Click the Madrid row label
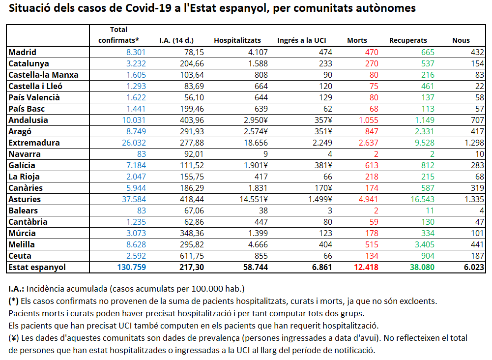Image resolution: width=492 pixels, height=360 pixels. [22, 52]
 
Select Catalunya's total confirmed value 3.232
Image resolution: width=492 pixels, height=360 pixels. [136, 63]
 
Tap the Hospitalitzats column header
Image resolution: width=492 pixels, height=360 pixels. [237, 40]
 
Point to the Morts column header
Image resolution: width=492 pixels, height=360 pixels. [357, 40]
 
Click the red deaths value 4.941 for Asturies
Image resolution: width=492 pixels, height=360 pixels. [368, 199]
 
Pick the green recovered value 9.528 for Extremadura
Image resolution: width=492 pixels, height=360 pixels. [425, 143]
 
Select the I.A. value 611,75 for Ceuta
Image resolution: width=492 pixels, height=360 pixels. [192, 256]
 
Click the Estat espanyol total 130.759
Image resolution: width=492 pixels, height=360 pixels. [131, 267]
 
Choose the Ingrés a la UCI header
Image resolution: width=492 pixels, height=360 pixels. [301, 40]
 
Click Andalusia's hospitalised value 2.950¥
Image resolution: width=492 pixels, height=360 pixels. [256, 120]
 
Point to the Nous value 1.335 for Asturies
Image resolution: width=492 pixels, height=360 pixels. [474, 199]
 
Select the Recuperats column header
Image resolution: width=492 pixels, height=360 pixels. [408, 40]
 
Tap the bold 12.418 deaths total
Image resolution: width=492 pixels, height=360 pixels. [366, 267]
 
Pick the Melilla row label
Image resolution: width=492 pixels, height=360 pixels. [22, 244]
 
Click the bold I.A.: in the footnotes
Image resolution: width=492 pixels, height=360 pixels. [16, 289]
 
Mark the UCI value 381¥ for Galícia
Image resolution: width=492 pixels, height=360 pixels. [323, 165]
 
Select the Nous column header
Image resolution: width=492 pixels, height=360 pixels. [461, 40]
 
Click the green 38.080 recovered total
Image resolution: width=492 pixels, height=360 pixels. [422, 267]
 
